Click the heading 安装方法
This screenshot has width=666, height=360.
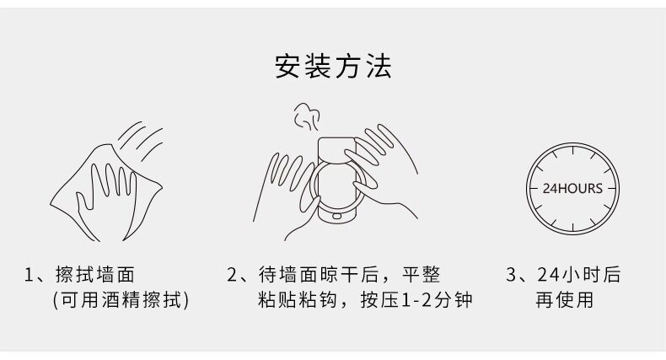click(x=333, y=66)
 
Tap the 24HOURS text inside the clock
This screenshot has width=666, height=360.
click(x=572, y=189)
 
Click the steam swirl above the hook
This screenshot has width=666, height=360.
click(x=307, y=116)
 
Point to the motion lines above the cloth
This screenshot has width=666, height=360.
click(x=141, y=141)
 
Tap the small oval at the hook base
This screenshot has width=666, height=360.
click(x=336, y=216)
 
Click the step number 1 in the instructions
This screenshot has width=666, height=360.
click(x=29, y=275)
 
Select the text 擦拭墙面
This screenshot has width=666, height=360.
click(x=94, y=275)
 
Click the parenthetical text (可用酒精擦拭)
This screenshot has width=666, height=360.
click(x=121, y=300)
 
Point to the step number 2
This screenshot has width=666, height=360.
click(x=232, y=275)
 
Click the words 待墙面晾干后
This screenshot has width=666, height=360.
click(x=319, y=275)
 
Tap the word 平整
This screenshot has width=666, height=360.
click(x=421, y=275)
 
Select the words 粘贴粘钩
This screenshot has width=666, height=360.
click(x=298, y=300)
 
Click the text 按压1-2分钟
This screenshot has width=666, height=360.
click(x=416, y=300)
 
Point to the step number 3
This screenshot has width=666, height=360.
click(x=511, y=275)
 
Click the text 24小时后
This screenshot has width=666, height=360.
click(x=579, y=275)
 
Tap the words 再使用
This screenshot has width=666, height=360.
click(x=565, y=300)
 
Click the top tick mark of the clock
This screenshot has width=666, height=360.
click(x=572, y=150)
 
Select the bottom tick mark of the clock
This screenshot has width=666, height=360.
click(x=572, y=227)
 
